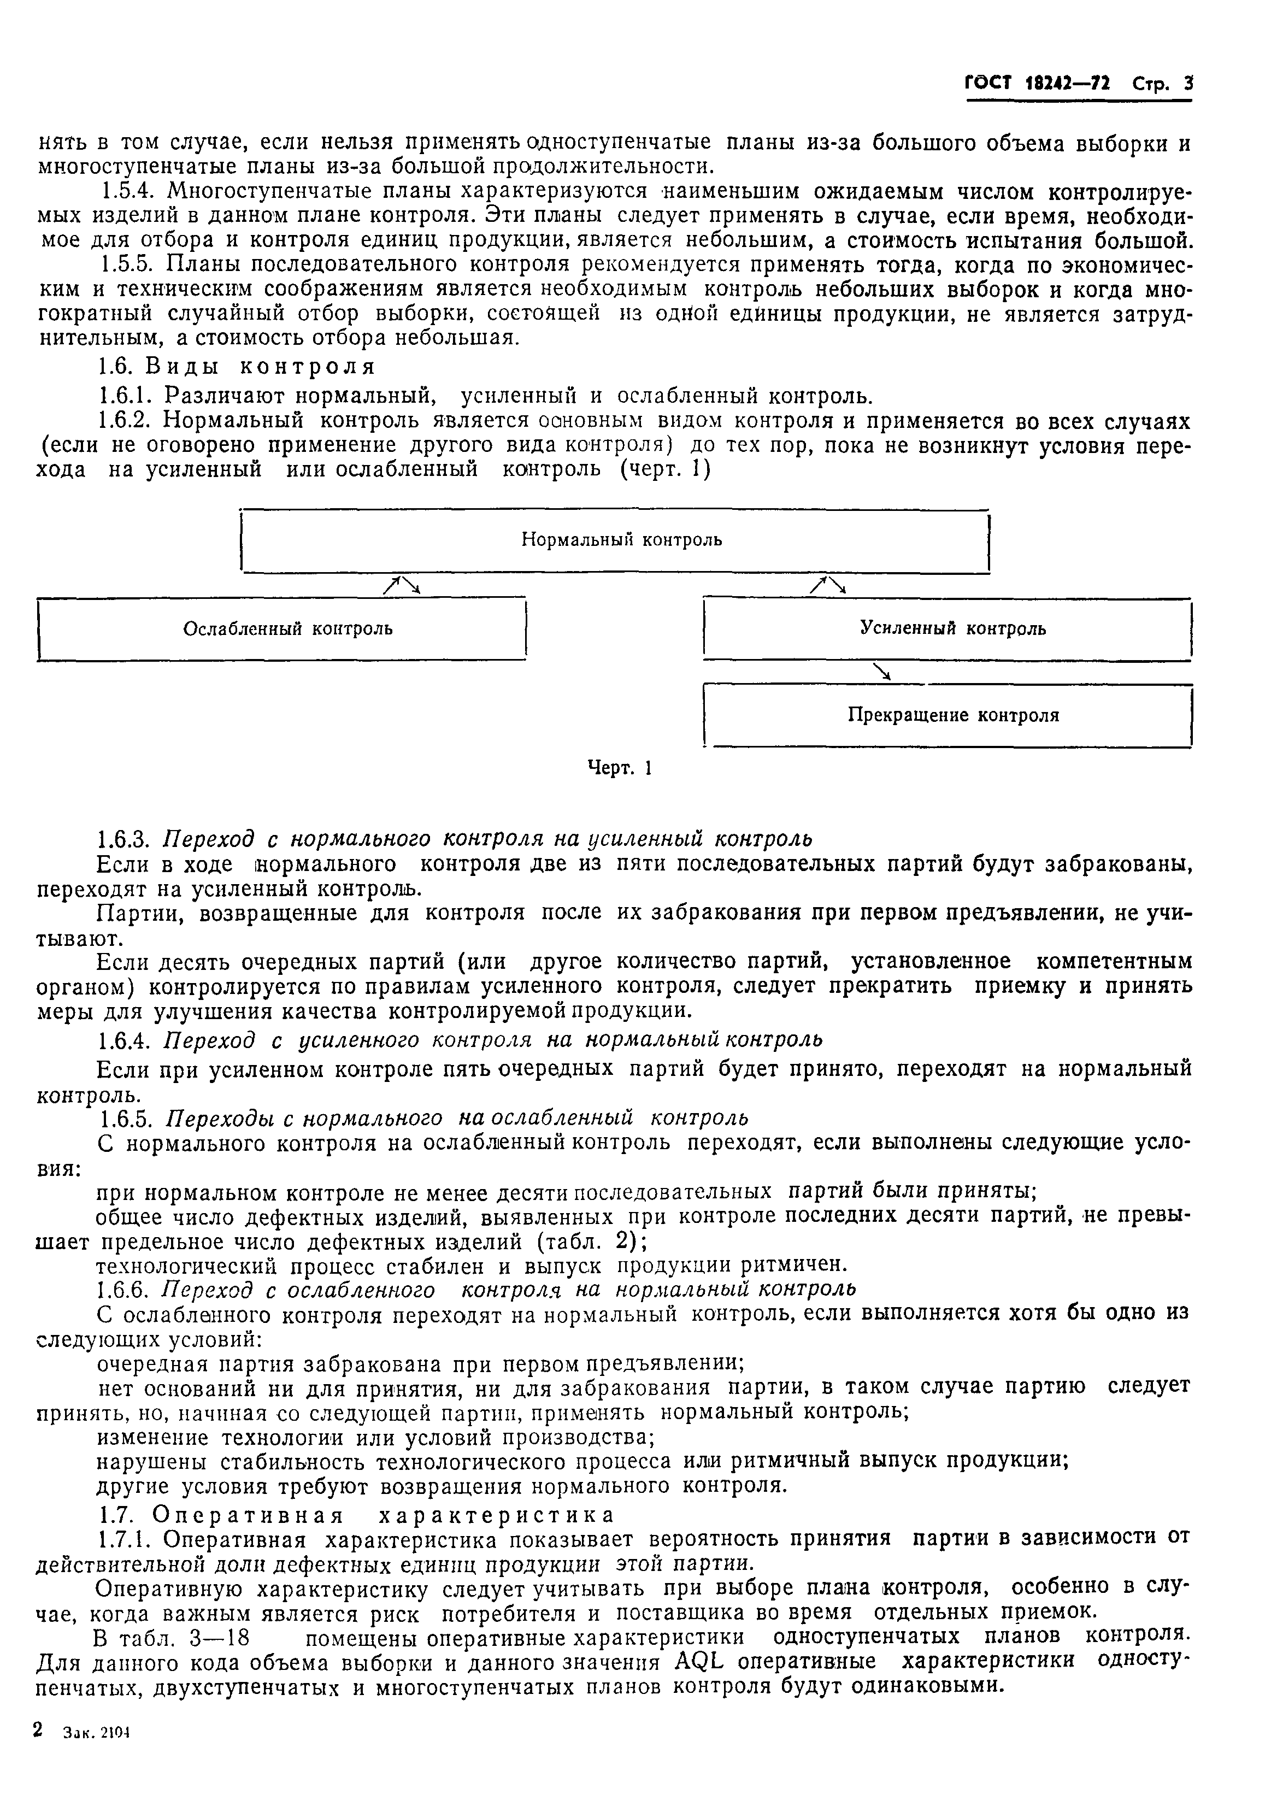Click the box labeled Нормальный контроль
(x=615, y=541)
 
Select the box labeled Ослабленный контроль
(x=282, y=629)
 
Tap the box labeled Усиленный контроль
(x=947, y=629)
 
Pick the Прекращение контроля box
(x=947, y=716)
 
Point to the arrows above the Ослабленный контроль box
(x=402, y=585)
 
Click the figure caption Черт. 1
(x=619, y=767)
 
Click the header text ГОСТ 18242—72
(x=1037, y=83)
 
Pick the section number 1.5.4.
(x=127, y=192)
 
